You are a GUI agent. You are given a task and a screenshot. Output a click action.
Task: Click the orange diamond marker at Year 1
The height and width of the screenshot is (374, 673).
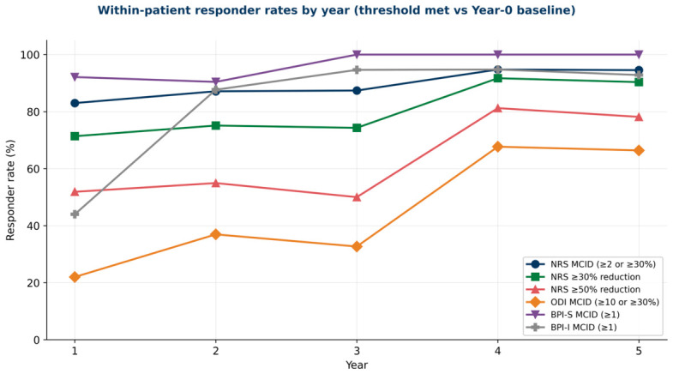click(x=75, y=277)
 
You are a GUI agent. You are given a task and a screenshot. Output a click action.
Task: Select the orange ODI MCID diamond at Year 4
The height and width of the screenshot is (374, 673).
click(x=497, y=147)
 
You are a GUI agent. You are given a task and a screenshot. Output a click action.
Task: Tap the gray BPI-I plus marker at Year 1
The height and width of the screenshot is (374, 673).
click(x=75, y=214)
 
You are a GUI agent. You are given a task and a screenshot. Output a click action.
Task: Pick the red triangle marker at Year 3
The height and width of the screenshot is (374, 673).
click(x=357, y=197)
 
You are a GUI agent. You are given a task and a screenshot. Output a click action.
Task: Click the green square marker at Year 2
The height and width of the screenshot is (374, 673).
click(x=216, y=125)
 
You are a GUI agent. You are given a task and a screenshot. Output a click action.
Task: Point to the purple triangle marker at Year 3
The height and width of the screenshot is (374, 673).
click(x=357, y=55)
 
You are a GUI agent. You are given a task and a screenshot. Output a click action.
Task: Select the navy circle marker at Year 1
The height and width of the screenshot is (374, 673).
click(x=75, y=103)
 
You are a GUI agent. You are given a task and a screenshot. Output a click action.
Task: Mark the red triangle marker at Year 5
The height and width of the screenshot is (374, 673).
click(x=639, y=117)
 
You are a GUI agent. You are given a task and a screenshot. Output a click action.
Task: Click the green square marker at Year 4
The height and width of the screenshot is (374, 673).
click(x=497, y=78)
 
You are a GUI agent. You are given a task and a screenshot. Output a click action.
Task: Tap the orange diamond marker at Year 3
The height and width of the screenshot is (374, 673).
click(x=357, y=246)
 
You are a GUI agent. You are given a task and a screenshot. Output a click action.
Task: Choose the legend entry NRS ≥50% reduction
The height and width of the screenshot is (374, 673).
click(x=584, y=289)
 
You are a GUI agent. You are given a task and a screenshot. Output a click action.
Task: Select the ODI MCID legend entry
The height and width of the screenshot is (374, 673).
click(x=592, y=302)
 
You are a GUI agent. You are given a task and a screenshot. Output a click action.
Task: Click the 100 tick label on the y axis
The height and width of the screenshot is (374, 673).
click(x=31, y=55)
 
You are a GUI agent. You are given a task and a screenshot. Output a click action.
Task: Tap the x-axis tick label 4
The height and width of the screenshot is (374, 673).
click(x=497, y=351)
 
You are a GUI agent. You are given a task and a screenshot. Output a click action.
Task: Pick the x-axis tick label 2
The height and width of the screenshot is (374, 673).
click(x=216, y=351)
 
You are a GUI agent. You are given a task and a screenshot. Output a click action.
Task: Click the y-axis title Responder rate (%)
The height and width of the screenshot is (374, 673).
click(x=10, y=190)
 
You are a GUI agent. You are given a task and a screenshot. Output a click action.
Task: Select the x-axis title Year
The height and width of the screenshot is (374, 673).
click(x=357, y=365)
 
